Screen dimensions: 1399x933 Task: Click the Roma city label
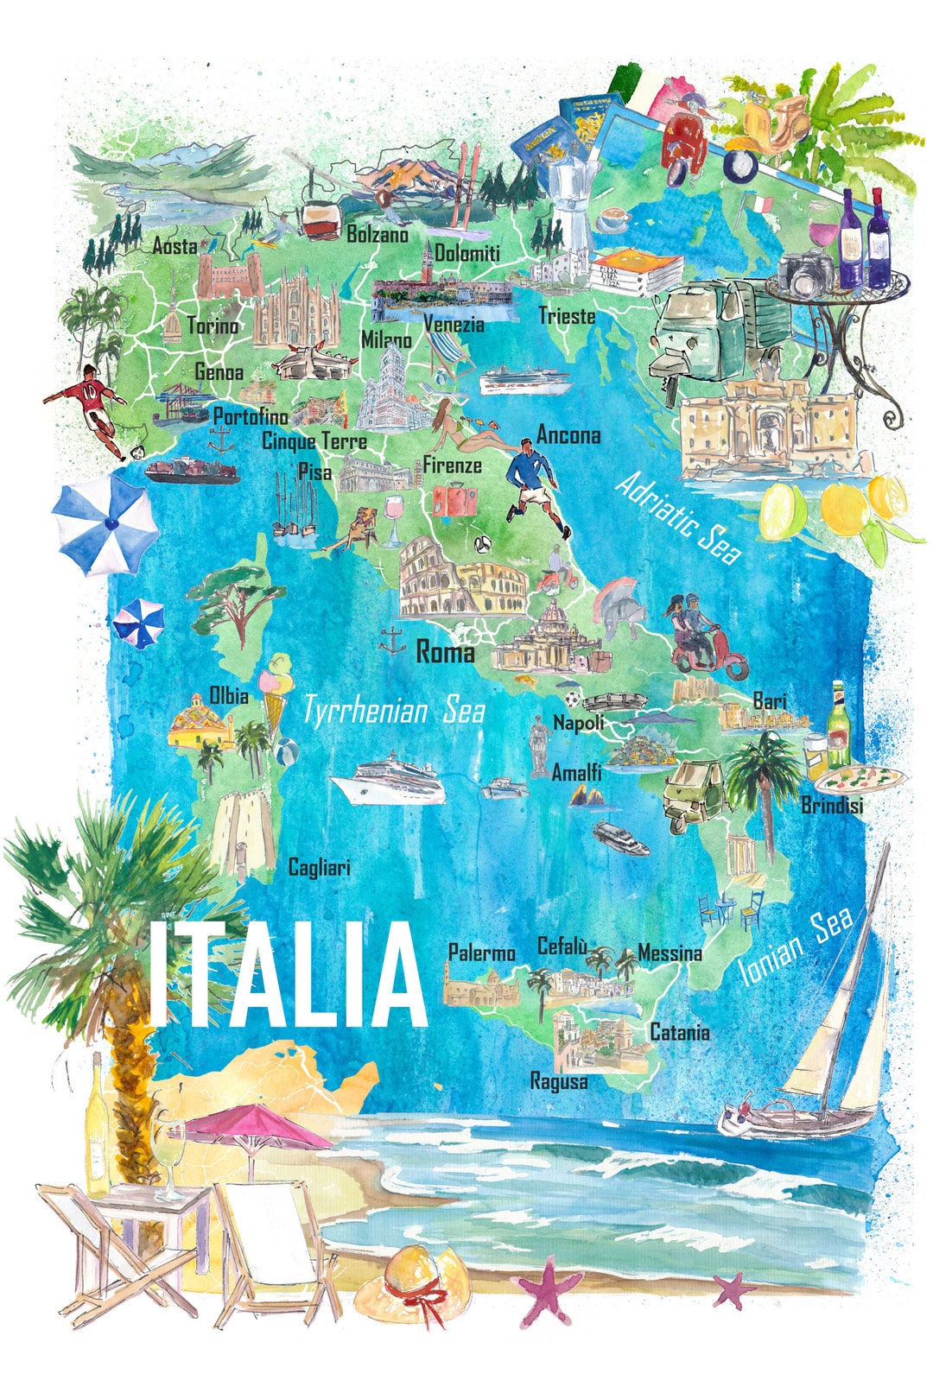pyautogui.click(x=445, y=652)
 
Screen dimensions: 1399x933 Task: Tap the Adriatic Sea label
pyautogui.click(x=678, y=518)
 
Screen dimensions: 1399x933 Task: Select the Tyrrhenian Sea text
pyautogui.click(x=393, y=712)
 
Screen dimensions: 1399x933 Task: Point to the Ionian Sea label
pyautogui.click(x=796, y=946)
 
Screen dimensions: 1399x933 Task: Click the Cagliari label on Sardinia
pyautogui.click(x=319, y=867)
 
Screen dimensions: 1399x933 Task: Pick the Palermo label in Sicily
pyautogui.click(x=481, y=953)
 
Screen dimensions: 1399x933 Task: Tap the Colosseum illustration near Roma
pyautogui.click(x=462, y=579)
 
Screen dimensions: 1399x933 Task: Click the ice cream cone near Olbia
pyautogui.click(x=276, y=691)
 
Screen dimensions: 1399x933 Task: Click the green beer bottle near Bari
pyautogui.click(x=837, y=725)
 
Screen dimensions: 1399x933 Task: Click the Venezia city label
pyautogui.click(x=454, y=326)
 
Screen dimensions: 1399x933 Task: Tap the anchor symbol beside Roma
pyautogui.click(x=392, y=642)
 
